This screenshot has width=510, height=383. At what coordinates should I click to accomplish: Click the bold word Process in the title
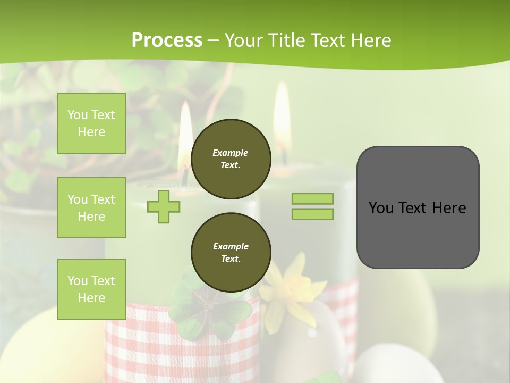pyautogui.click(x=167, y=40)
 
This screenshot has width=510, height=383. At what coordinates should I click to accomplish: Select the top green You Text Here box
pyautogui.click(x=91, y=123)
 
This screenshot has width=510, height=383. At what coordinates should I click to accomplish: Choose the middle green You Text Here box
pyautogui.click(x=91, y=207)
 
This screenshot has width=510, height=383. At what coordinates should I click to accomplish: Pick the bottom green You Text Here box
pyautogui.click(x=91, y=289)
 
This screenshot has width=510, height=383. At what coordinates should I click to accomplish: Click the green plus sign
pyautogui.click(x=164, y=206)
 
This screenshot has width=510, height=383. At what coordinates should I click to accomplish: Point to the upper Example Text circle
pyautogui.click(x=231, y=159)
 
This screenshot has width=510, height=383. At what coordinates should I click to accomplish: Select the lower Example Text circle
pyautogui.click(x=231, y=253)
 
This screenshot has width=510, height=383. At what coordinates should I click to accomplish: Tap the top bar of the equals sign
pyautogui.click(x=312, y=198)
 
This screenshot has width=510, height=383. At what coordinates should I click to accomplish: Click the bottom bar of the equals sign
pyautogui.click(x=312, y=214)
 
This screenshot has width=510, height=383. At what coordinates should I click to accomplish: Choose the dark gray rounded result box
pyautogui.click(x=418, y=207)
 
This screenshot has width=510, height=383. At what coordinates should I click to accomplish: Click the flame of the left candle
pyautogui.click(x=185, y=130)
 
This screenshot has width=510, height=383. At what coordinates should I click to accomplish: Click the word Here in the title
pyautogui.click(x=370, y=40)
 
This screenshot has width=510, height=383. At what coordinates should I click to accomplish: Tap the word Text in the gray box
pyautogui.click(x=414, y=207)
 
